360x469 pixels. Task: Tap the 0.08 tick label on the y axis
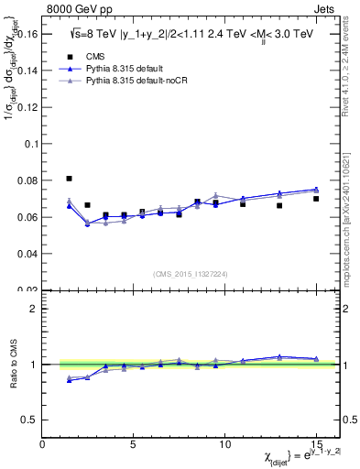27,181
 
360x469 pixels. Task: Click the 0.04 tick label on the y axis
27,253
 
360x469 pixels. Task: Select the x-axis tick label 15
314,446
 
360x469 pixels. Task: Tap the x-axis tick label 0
42,446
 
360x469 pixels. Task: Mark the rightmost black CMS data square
316,199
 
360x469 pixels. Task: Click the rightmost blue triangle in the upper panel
316,190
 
